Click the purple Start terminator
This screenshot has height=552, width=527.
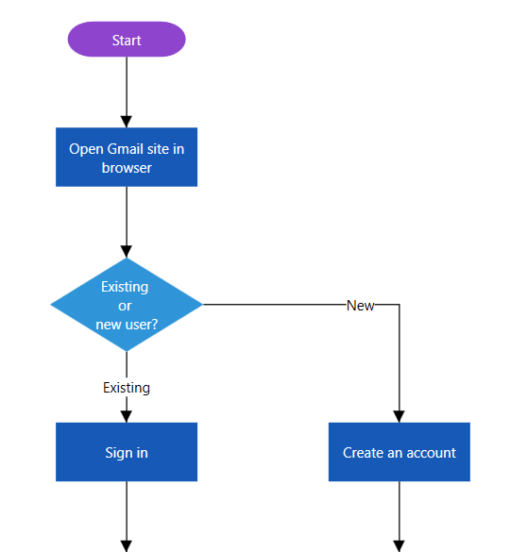[127, 40]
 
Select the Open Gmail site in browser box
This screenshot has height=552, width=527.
[127, 158]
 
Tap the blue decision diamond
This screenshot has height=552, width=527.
[127, 305]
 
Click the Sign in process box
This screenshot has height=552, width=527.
[127, 452]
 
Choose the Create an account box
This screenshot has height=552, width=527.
[399, 452]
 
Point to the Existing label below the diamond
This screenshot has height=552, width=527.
[127, 388]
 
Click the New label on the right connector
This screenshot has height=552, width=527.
[360, 306]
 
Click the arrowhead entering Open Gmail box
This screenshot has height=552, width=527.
[127, 122]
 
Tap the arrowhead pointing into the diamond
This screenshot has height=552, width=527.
[127, 252]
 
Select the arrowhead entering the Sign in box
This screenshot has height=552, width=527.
[127, 416]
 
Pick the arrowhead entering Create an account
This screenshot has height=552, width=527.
[399, 416]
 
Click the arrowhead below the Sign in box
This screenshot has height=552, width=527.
[127, 545]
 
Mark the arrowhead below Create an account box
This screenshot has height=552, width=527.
[399, 545]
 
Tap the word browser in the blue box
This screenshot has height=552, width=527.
[127, 168]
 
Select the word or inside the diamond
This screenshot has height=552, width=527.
[125, 306]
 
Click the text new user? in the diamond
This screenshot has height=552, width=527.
[127, 325]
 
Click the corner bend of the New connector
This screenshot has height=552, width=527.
[399, 305]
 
